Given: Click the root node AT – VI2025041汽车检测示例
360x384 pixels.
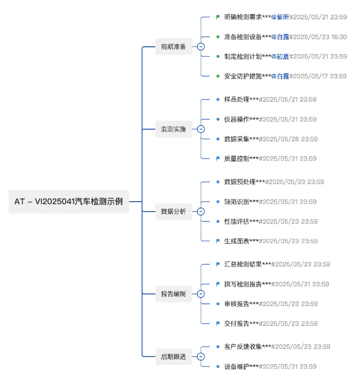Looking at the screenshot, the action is pyautogui.click(x=68, y=202).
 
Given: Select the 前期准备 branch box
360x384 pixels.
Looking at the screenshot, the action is pyautogui.click(x=174, y=46).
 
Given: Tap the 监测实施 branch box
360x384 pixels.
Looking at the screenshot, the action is pyautogui.click(x=174, y=129).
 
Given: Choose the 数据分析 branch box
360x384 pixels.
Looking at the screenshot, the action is pyautogui.click(x=174, y=211).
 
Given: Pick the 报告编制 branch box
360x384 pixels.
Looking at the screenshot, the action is pyautogui.click(x=174, y=294).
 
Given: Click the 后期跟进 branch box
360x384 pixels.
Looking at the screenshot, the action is pyautogui.click(x=174, y=357).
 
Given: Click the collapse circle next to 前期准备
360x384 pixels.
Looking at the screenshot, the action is pyautogui.click(x=201, y=46).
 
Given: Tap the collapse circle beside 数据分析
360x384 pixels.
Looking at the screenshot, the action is pyautogui.click(x=201, y=211).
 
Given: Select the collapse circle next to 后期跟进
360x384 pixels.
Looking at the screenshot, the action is pyautogui.click(x=201, y=357).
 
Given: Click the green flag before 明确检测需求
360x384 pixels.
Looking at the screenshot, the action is pyautogui.click(x=218, y=17).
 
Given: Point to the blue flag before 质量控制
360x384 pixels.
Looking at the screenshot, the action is pyautogui.click(x=218, y=158).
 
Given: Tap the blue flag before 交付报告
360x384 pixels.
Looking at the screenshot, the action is pyautogui.click(x=218, y=324).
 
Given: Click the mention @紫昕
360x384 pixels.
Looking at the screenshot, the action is pyautogui.click(x=280, y=17).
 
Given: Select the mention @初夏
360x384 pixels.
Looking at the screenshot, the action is pyautogui.click(x=280, y=56).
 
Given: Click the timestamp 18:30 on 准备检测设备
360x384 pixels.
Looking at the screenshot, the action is pyautogui.click(x=339, y=37).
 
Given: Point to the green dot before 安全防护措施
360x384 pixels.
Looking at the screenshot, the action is pyautogui.click(x=218, y=76).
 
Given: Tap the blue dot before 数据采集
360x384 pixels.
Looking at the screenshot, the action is pyautogui.click(x=218, y=139).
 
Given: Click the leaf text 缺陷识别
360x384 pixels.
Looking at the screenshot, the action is pyautogui.click(x=237, y=202).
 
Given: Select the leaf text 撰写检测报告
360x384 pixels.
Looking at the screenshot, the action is pyautogui.click(x=243, y=284).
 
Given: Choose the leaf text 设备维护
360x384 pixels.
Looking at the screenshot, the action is pyautogui.click(x=237, y=366).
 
